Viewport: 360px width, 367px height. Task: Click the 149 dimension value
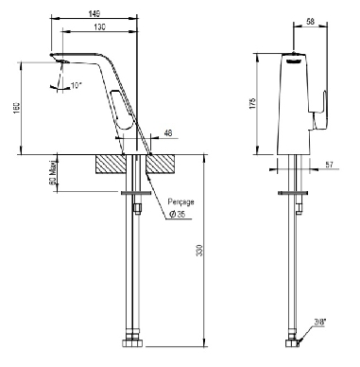pos(94,13)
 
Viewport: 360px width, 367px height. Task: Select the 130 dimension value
pos(99,27)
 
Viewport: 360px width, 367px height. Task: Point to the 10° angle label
pos(76,85)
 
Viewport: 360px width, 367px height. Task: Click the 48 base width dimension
pos(168,133)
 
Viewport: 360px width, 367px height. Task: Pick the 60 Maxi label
pos(54,172)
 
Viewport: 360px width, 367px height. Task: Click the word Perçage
pos(180,202)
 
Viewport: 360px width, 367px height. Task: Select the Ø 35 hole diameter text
pos(178,215)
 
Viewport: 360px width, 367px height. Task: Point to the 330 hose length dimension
pos(199,250)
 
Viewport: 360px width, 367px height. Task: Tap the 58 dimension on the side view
pos(310,22)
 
